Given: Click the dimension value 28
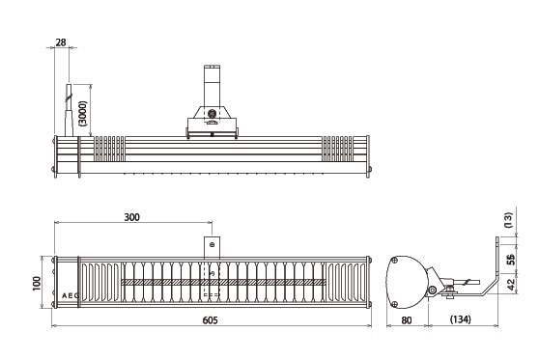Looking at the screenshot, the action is (61, 42).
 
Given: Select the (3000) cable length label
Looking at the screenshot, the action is (83, 113).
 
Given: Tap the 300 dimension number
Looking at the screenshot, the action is (132, 217).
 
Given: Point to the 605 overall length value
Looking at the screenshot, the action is (210, 320).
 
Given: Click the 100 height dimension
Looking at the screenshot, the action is (37, 284).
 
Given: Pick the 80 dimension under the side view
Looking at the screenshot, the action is (407, 320).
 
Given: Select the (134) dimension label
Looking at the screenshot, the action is (461, 319).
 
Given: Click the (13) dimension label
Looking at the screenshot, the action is (508, 220).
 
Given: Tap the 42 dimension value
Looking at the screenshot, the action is (512, 284).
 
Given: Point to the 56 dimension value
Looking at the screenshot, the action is (512, 260).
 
